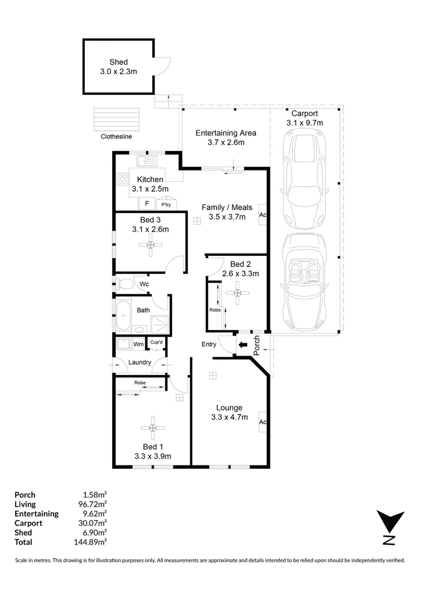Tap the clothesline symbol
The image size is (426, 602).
(117, 118)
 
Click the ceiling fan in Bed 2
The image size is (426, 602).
(238, 293)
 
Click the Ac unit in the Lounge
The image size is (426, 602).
(262, 422)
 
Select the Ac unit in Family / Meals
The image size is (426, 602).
(263, 215)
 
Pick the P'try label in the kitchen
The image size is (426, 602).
(166, 206)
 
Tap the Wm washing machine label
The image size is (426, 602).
(138, 344)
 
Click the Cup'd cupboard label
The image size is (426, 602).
(156, 342)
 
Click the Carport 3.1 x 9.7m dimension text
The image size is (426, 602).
(304, 122)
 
